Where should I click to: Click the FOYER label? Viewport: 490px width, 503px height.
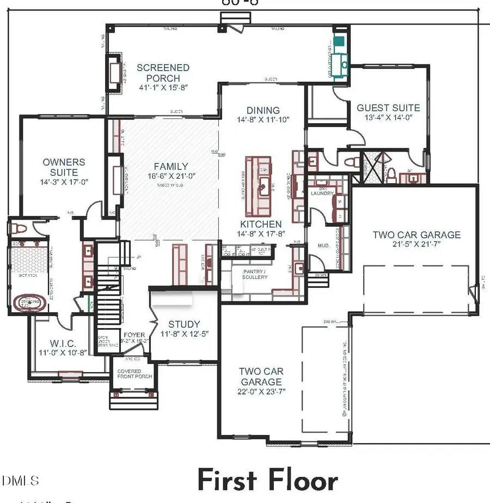(134, 335)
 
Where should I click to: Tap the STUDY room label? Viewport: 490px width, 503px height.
(183, 324)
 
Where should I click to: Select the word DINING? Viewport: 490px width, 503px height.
(263, 110)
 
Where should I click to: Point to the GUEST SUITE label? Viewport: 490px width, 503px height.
(388, 108)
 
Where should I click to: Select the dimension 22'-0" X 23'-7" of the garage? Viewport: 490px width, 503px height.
(261, 391)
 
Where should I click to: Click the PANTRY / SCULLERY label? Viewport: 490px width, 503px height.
(255, 274)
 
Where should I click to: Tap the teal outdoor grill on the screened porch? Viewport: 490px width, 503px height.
(339, 40)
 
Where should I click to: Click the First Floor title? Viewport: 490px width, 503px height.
(267, 481)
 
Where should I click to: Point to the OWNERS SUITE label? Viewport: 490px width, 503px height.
(64, 167)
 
